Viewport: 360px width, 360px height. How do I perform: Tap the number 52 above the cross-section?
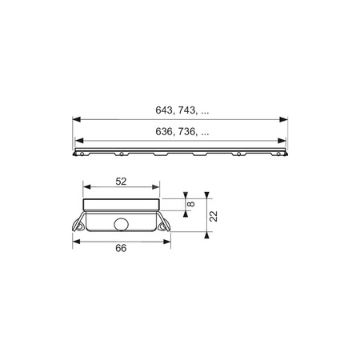[x=121, y=182]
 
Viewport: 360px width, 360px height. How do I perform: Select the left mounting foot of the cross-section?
[x=80, y=226]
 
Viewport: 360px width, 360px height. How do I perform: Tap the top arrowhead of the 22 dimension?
[x=207, y=195]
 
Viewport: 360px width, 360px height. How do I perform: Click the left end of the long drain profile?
[x=77, y=150]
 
